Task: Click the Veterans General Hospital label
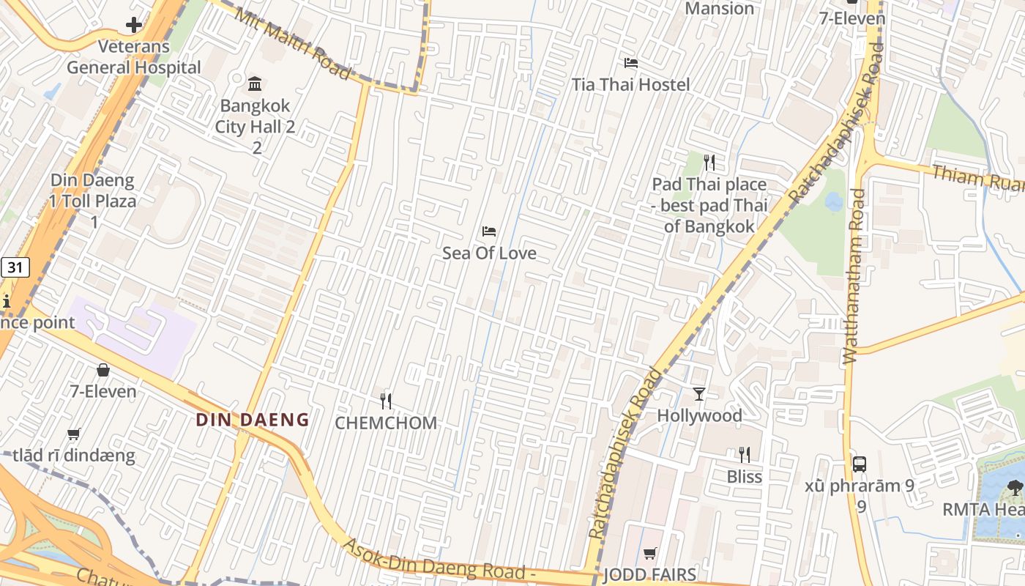pos(133,57)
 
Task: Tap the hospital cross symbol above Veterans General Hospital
pos(133,26)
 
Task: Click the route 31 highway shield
pos(15,267)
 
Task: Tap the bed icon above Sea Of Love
pos(489,231)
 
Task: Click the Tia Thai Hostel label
pos(630,85)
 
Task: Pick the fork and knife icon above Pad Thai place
pos(709,162)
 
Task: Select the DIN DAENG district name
pos(253,420)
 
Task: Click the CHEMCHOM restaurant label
pos(386,423)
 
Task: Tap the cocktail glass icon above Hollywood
pos(699,394)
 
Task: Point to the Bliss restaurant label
pos(744,477)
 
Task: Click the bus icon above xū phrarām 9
pos(860,464)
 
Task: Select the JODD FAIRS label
pos(649,574)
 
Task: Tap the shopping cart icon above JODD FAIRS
pos(649,553)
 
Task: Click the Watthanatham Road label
pos(854,277)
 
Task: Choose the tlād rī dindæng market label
pos(73,456)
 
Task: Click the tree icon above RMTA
pos(1014,486)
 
